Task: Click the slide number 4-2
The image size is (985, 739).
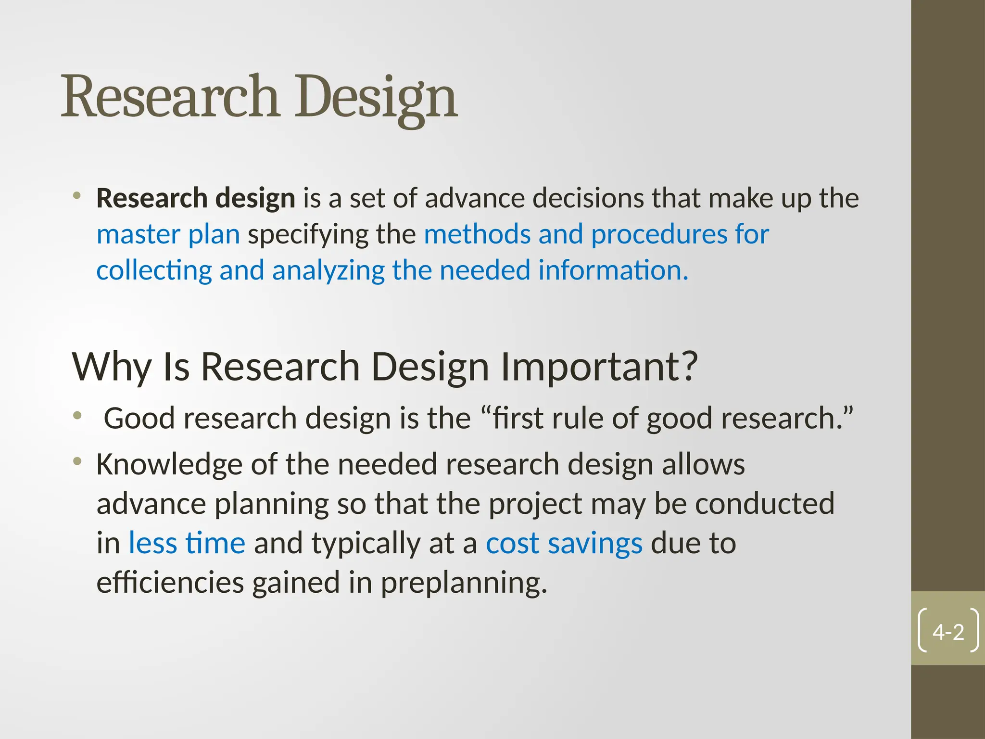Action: coord(948,632)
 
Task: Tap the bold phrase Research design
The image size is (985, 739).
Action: coord(195,198)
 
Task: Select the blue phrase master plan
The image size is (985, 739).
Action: coord(168,235)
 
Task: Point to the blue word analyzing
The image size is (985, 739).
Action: coord(328,270)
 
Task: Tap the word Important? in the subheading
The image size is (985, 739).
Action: coord(599,367)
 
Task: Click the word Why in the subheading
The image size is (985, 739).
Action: coord(112,367)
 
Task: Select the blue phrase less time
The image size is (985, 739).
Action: coord(187,543)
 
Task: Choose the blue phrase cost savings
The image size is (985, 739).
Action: coord(564,543)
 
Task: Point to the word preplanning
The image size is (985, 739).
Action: coord(464,583)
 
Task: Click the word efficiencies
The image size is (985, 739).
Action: coord(170,582)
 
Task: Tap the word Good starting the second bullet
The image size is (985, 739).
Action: coord(139,418)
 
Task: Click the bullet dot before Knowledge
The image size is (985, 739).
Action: coord(77,462)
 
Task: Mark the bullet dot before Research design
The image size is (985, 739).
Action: coord(77,196)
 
